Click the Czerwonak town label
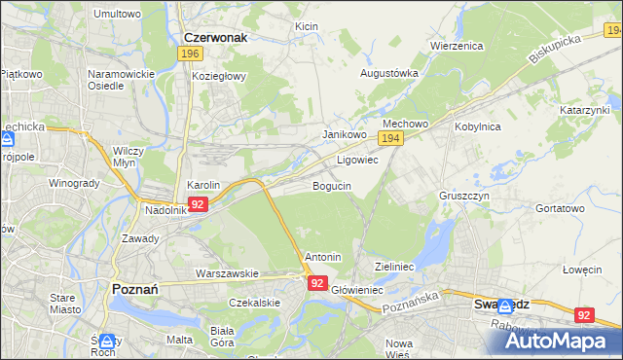click(215, 37)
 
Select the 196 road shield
click(191, 54)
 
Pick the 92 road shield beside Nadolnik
click(198, 204)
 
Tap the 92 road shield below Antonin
click(318, 282)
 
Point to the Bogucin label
click(332, 185)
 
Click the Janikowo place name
click(344, 134)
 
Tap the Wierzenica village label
click(457, 46)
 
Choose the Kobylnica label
click(477, 126)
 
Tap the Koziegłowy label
click(219, 75)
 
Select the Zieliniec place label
click(395, 266)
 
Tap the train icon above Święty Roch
click(107, 341)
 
